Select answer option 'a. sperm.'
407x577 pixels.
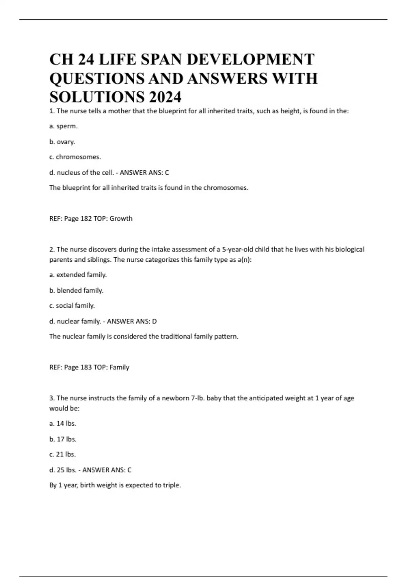pyautogui.click(x=63, y=126)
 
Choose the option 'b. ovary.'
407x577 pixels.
pyautogui.click(x=62, y=142)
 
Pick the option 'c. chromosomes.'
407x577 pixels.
pyautogui.click(x=75, y=157)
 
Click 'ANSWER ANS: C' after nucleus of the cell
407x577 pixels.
pyautogui.click(x=144, y=173)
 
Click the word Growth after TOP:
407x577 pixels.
pyautogui.click(x=121, y=219)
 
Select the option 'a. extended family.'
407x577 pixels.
pyautogui.click(x=78, y=275)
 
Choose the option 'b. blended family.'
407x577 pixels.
pyautogui.click(x=76, y=291)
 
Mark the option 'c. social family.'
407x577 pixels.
pyautogui.click(x=72, y=306)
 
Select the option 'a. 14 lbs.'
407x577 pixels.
pyautogui.click(x=63, y=424)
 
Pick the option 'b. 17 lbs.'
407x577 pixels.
pyautogui.click(x=63, y=439)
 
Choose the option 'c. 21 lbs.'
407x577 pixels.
pyautogui.click(x=62, y=454)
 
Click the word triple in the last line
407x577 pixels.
pyautogui.click(x=171, y=485)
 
